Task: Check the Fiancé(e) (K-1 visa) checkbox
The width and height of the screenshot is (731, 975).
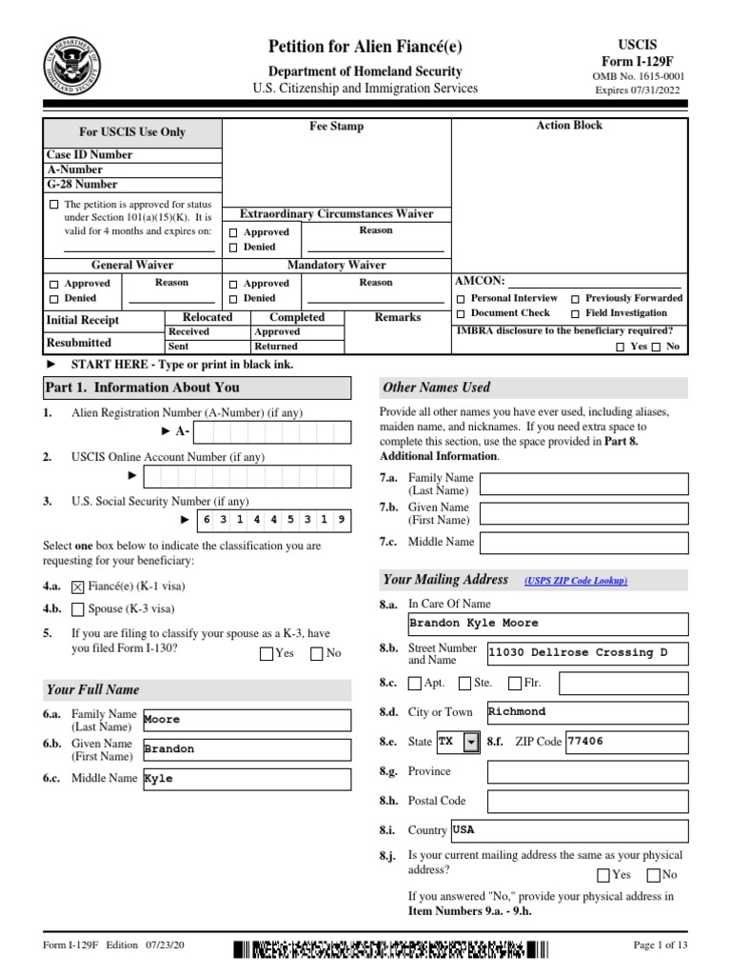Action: [78, 587]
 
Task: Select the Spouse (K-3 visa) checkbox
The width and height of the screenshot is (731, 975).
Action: [78, 609]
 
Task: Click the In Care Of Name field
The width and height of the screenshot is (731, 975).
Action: [546, 624]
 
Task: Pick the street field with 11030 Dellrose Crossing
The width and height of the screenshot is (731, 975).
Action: [585, 653]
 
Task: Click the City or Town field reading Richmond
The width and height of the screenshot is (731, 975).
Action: [585, 712]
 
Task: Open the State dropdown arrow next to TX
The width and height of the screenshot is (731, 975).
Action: [471, 742]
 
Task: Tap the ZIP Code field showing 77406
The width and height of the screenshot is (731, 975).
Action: [625, 742]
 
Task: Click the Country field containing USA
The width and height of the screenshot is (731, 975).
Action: [568, 830]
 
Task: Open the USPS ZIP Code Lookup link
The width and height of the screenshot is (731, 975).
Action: [575, 581]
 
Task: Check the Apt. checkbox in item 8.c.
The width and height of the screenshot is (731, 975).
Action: [414, 683]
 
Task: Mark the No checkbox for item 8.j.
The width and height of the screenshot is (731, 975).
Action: [654, 875]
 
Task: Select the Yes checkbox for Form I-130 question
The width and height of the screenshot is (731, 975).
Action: [267, 654]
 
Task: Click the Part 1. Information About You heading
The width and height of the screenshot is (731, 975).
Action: [142, 388]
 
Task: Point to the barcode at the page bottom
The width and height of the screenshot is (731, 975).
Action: [391, 948]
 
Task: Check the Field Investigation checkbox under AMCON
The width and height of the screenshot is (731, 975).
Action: [576, 313]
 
